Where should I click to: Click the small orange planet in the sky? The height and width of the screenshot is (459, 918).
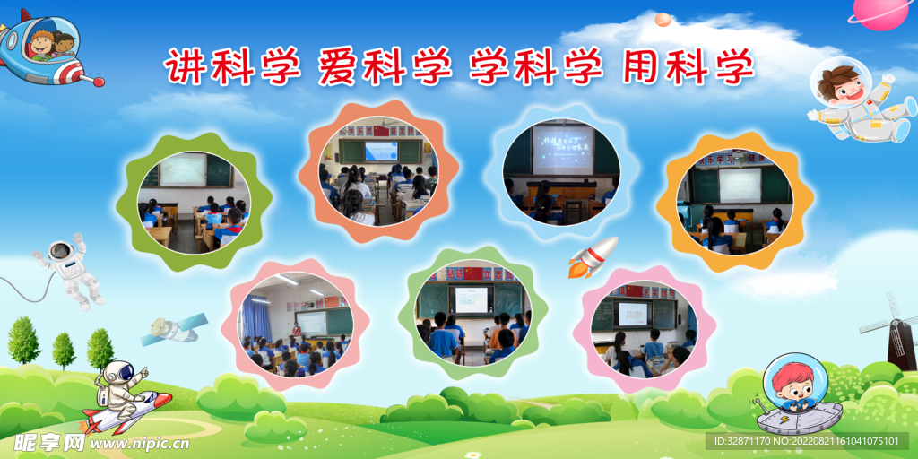click(663, 19)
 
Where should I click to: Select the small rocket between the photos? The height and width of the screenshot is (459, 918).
click(593, 256)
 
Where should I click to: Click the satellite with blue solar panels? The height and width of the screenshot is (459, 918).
click(173, 329)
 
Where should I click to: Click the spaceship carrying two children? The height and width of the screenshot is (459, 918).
click(45, 48)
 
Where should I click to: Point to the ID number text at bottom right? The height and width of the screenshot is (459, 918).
click(808, 441)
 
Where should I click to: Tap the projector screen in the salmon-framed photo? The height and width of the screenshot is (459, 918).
click(381, 151)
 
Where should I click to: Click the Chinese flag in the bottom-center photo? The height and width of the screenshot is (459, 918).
click(472, 273)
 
